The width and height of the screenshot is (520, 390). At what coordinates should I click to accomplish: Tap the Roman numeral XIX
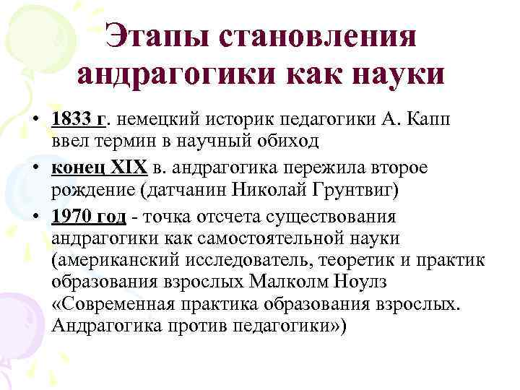click(x=128, y=168)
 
